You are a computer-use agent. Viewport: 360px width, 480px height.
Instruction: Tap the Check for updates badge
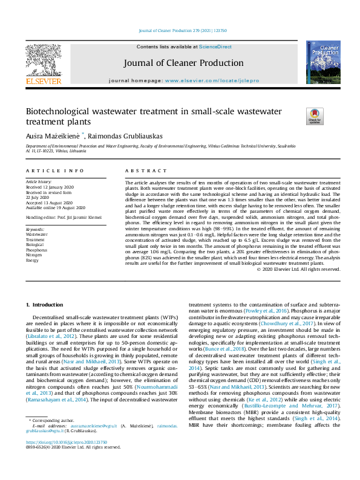coord(315,116)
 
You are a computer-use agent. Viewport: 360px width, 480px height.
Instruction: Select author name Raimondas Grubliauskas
coord(128,137)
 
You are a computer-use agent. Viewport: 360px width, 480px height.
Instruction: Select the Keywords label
coord(35,230)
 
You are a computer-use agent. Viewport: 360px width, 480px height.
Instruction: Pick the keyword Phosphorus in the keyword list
coord(36,249)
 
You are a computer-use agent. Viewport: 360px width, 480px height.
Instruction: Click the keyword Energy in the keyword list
coord(32,259)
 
